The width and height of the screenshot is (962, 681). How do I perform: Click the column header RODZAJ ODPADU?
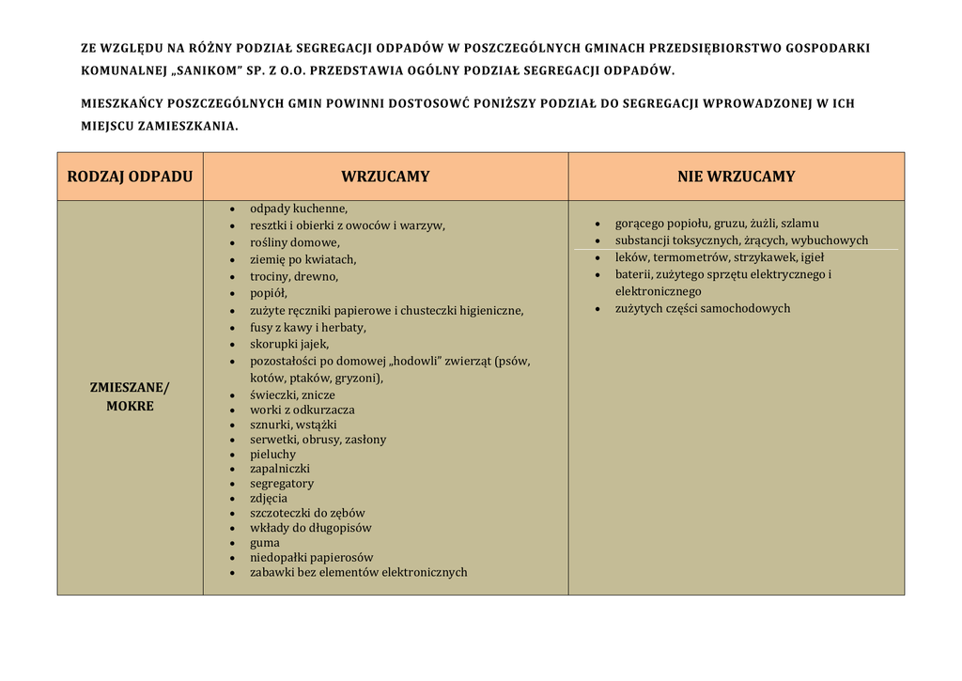tap(130, 177)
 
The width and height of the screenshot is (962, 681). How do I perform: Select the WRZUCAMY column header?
tap(385, 177)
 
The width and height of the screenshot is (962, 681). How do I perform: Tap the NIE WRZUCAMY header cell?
tap(736, 177)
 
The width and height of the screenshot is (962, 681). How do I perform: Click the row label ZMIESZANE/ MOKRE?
tap(130, 397)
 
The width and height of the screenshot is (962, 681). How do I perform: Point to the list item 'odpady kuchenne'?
tap(299, 209)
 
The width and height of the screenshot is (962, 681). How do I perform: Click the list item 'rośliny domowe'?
tap(294, 242)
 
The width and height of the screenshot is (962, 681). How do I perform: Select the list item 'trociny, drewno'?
tap(294, 277)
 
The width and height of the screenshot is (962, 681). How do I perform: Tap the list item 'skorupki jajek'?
tap(289, 345)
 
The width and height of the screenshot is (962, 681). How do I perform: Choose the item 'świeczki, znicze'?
tap(292, 395)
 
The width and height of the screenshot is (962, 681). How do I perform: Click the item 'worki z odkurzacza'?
tap(303, 410)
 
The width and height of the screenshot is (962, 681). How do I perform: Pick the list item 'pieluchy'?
tap(272, 455)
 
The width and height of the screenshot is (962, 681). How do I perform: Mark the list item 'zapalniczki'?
tap(279, 469)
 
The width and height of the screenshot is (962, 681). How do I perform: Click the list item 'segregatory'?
tap(282, 484)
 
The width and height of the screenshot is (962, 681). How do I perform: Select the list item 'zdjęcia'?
tap(269, 499)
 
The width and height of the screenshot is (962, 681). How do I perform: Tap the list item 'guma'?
tap(265, 543)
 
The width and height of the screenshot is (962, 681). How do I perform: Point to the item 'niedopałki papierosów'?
tap(311, 558)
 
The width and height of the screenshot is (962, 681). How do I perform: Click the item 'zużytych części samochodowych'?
tap(703, 309)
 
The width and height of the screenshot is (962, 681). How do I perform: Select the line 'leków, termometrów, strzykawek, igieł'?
tap(720, 257)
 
